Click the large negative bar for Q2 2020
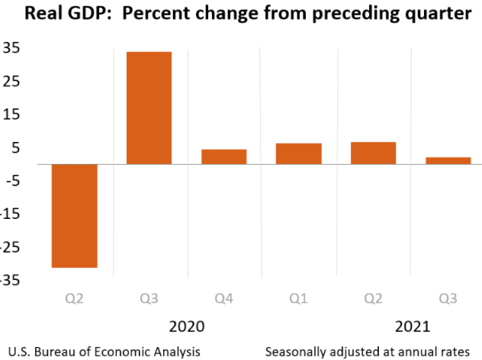[x=74, y=215]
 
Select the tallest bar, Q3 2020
[x=149, y=108]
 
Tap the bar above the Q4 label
[x=223, y=156]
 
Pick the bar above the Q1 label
[x=298, y=153]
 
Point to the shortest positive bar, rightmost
[x=448, y=160]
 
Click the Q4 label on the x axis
[x=223, y=298]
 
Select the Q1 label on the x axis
[x=298, y=298]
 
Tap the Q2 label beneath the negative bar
[x=74, y=298]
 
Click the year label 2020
[x=187, y=326]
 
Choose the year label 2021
[x=413, y=326]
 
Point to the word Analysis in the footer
[x=177, y=352]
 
